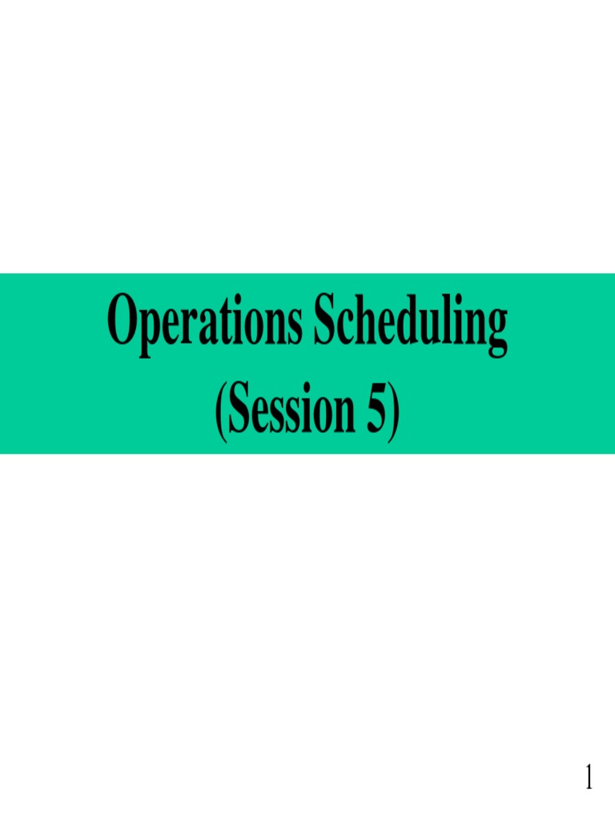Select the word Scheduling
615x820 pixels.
[x=411, y=321]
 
